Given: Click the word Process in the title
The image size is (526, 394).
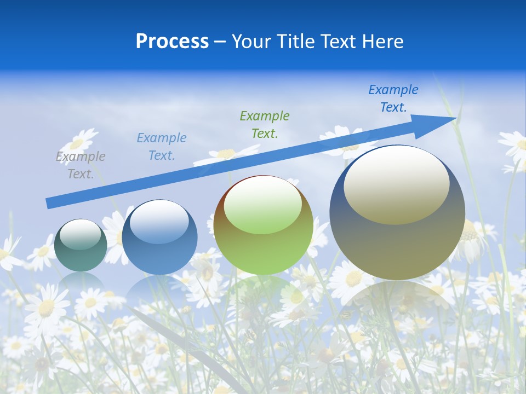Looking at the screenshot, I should [172, 42].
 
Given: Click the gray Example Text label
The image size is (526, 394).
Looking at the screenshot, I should [81, 165].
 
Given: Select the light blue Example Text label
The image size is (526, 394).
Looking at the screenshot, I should [161, 147].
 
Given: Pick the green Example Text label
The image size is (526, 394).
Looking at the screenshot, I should [265, 124].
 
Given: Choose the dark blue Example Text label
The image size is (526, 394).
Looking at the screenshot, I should [393, 99].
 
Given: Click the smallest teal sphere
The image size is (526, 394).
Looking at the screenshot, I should [81, 257].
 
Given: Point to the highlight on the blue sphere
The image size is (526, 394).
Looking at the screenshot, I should [159, 222].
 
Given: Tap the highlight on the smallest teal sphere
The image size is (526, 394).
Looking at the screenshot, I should [80, 234].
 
